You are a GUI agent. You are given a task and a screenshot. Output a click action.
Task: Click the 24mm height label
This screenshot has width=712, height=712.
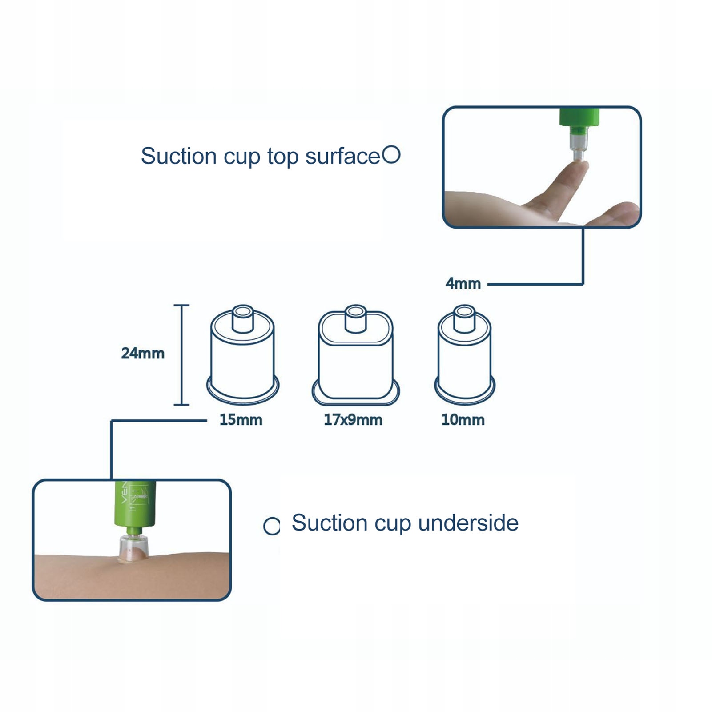[143, 354]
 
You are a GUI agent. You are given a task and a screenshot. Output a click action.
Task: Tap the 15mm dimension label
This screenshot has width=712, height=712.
[241, 420]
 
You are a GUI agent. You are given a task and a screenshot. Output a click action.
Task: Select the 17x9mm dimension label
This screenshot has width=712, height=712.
[353, 420]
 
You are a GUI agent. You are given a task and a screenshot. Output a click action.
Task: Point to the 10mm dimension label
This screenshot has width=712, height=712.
[463, 420]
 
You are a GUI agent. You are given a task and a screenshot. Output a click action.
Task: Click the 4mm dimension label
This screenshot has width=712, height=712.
[463, 283]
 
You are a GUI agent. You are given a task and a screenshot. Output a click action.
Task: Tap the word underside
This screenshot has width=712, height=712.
[468, 523]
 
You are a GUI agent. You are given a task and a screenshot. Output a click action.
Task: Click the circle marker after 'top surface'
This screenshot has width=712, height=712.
[391, 155]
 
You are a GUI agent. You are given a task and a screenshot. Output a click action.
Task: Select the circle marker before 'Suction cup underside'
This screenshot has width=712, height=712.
[272, 526]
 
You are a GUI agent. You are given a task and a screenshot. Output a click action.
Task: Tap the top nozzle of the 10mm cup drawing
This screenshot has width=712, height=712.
[464, 318]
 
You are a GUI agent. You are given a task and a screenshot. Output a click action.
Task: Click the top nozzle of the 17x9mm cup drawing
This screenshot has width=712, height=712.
[356, 318]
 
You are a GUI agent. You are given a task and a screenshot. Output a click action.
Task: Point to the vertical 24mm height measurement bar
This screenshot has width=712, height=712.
[181, 355]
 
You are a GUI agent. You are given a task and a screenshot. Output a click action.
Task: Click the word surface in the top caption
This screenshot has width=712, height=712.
[342, 157]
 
